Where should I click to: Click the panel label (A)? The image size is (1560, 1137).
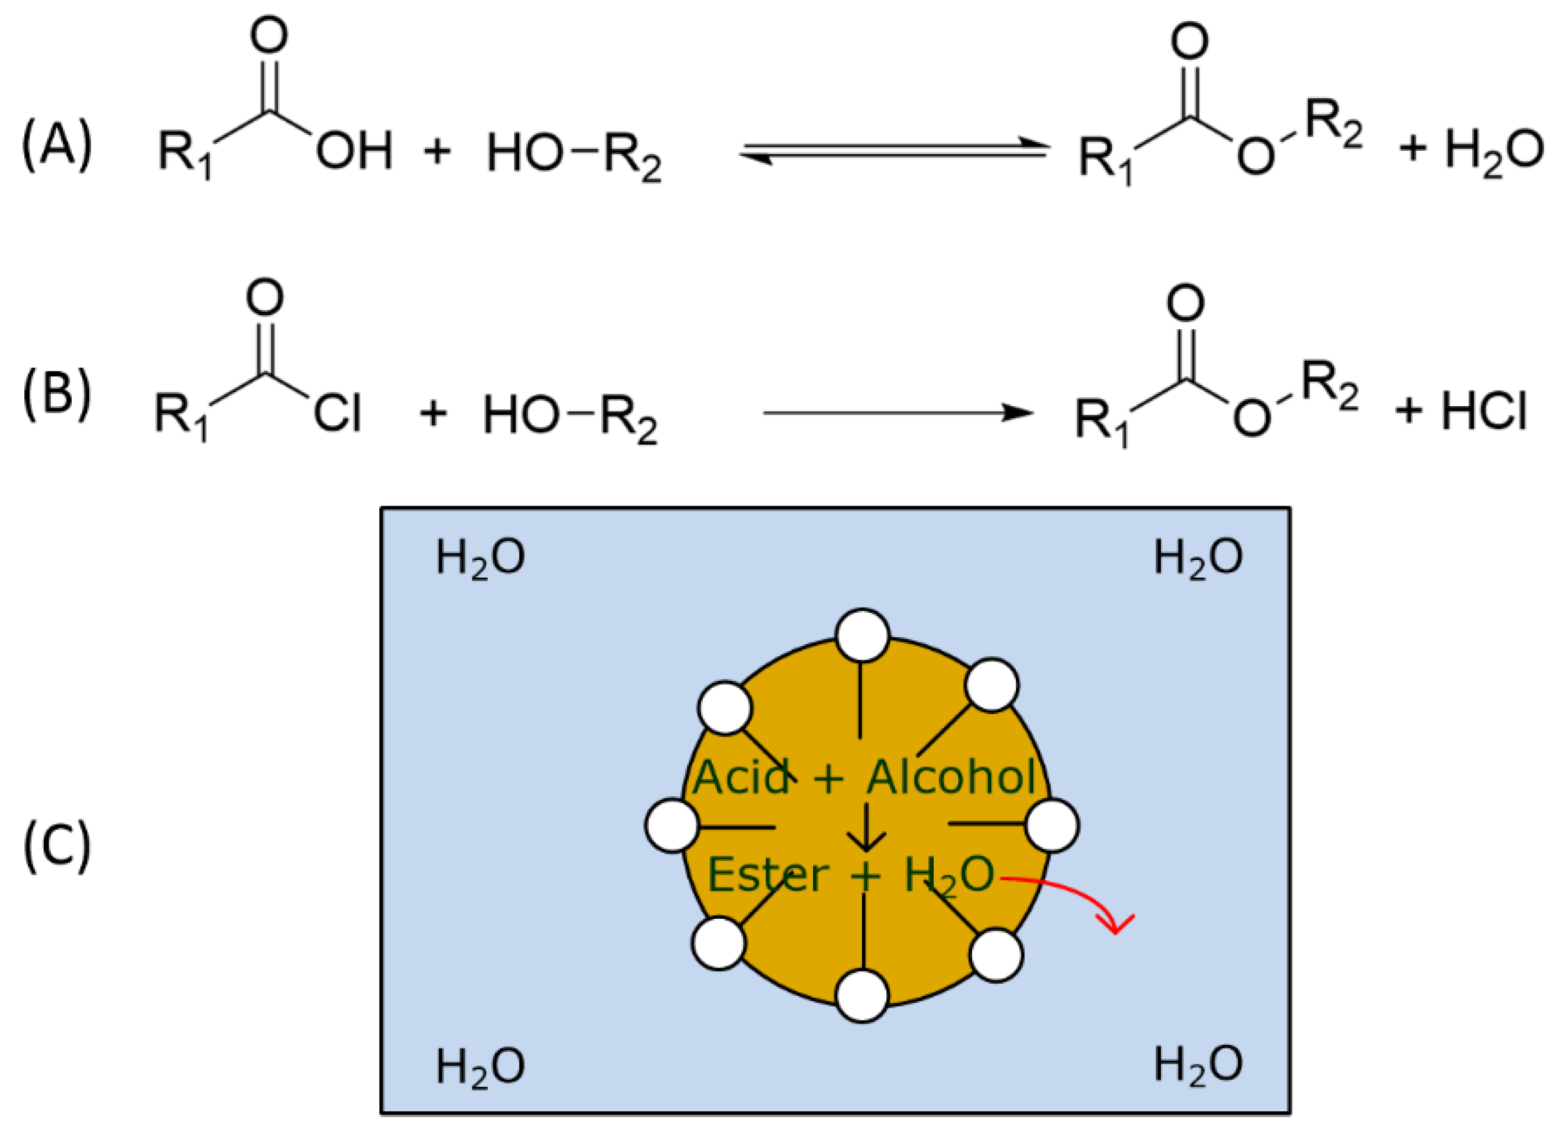(x=56, y=144)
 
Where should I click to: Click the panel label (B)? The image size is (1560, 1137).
(x=56, y=395)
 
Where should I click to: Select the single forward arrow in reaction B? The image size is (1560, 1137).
(x=898, y=413)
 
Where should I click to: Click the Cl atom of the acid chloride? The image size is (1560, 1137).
(x=337, y=414)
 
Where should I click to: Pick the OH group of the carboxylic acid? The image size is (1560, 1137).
(x=354, y=151)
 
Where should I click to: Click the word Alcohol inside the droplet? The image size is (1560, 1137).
(x=951, y=778)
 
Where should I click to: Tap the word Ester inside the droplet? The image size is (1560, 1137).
(x=767, y=875)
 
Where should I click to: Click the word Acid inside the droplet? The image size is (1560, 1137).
(x=741, y=778)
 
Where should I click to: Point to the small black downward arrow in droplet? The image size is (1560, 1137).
(x=866, y=827)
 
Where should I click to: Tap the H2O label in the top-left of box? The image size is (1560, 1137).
(x=480, y=558)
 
